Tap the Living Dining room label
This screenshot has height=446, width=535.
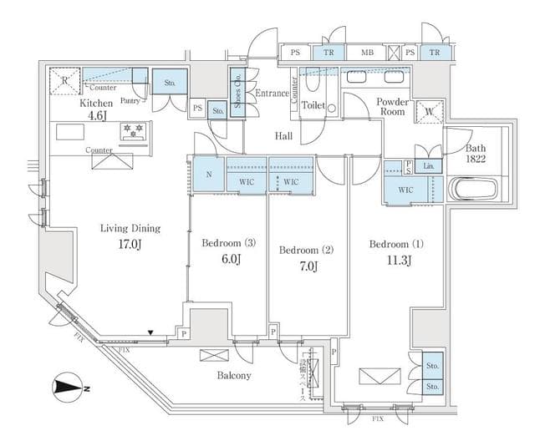(x=130, y=228)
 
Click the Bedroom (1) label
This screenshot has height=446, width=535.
(x=396, y=245)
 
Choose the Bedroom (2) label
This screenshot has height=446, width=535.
(x=306, y=250)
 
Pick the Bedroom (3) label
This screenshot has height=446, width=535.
(x=229, y=244)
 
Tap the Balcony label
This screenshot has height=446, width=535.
(x=234, y=376)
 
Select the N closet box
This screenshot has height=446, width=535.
(x=208, y=175)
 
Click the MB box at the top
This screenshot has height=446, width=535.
(x=367, y=53)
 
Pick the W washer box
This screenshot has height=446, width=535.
(x=429, y=111)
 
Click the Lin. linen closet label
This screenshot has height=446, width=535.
(x=429, y=167)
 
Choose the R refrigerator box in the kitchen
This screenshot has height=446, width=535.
(x=65, y=81)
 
